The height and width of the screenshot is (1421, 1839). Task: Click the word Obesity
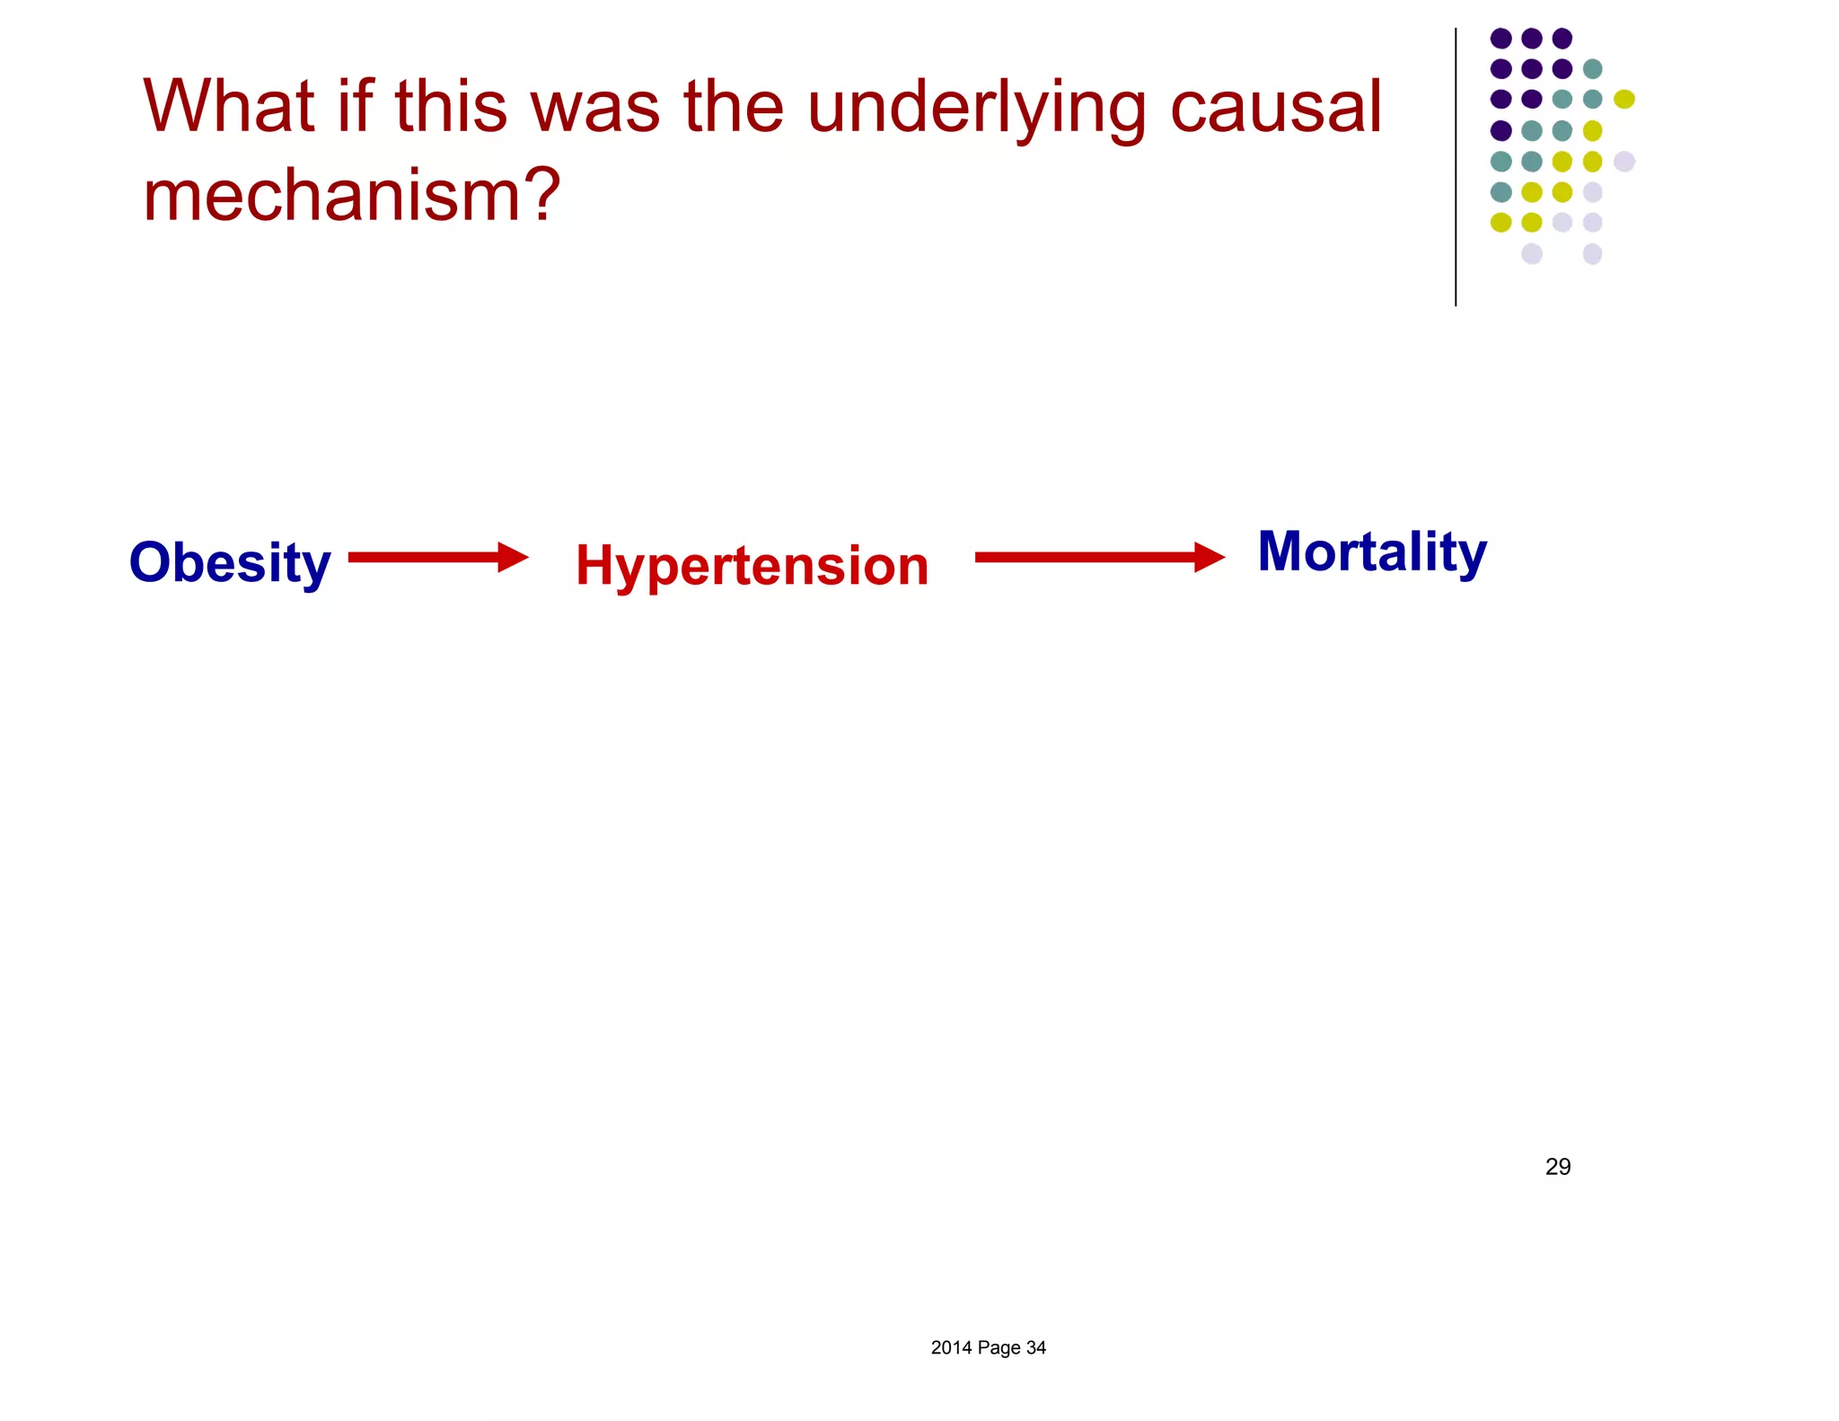230,563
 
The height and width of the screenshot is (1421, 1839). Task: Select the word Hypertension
752,566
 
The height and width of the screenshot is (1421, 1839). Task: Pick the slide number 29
1557,1167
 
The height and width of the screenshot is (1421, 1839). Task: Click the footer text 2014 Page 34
988,1347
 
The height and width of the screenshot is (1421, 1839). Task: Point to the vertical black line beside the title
1456,167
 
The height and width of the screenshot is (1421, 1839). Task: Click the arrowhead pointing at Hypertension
513,557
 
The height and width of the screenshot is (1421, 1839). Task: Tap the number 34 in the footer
1035,1347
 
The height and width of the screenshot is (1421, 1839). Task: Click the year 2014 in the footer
951,1347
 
